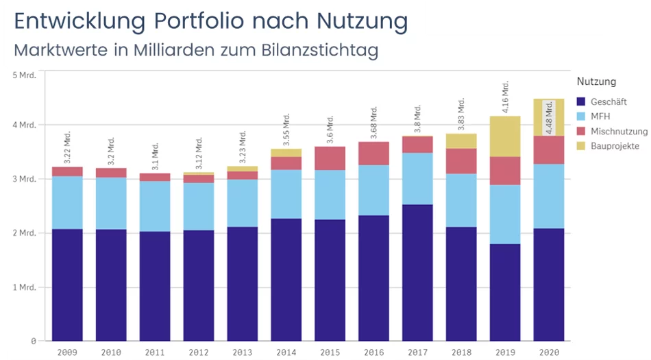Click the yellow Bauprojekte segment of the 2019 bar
tap(506, 136)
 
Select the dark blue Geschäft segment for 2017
tap(418, 272)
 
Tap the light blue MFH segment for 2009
tap(67, 202)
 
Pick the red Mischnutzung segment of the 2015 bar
tap(330, 158)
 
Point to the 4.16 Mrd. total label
tap(506, 97)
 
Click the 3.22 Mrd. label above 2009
tap(67, 147)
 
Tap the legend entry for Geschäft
tap(602, 101)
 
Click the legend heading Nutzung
tap(596, 82)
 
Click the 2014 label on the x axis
tap(286, 352)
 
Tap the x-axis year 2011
tap(155, 352)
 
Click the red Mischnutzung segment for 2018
tap(462, 161)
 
